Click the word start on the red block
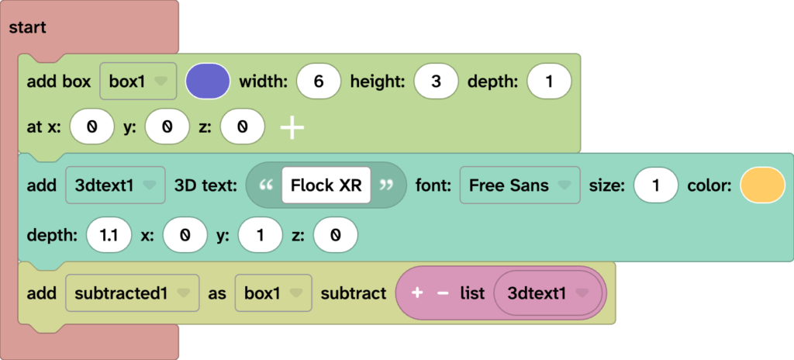pyautogui.click(x=27, y=28)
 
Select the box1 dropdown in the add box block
pyautogui.click(x=138, y=81)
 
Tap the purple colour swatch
pyautogui.click(x=208, y=81)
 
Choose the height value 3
pyautogui.click(x=436, y=81)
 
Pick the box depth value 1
pyautogui.click(x=549, y=81)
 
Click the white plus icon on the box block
pyautogui.click(x=292, y=126)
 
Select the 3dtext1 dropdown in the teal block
pyautogui.click(x=115, y=185)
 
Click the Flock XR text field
pyautogui.click(x=326, y=185)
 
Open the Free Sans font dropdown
pyautogui.click(x=520, y=185)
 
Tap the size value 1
pyautogui.click(x=656, y=185)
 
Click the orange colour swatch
pyautogui.click(x=763, y=185)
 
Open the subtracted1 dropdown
pyautogui.click(x=132, y=293)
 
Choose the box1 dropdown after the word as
pyautogui.click(x=273, y=293)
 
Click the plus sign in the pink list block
pyautogui.click(x=417, y=293)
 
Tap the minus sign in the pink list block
pyautogui.click(x=443, y=293)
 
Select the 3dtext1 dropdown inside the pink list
pyautogui.click(x=547, y=293)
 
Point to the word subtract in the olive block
pyautogui.click(x=353, y=293)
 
